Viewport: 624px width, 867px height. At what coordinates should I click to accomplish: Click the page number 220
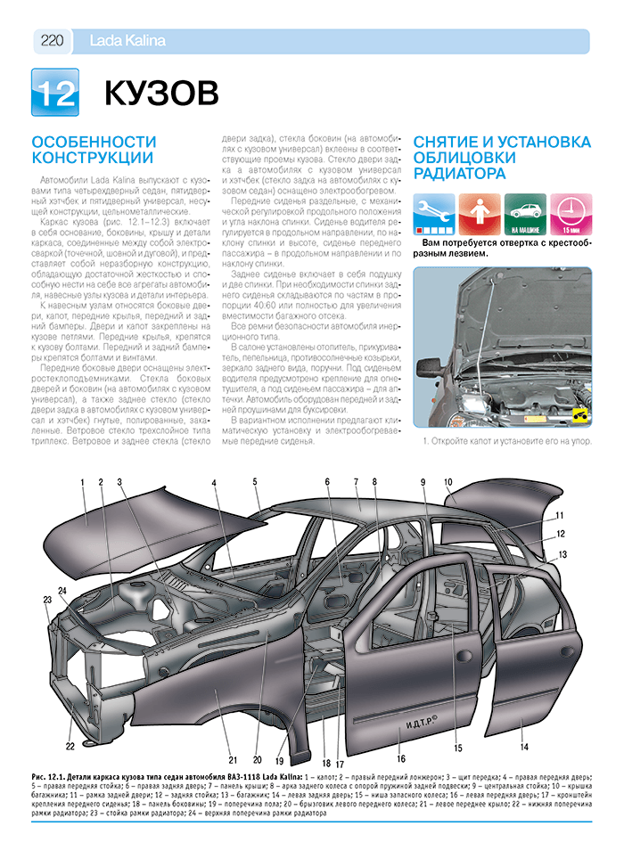click(52, 39)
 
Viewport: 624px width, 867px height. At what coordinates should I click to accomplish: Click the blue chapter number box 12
click(55, 92)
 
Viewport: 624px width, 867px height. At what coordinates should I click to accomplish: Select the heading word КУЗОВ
click(161, 92)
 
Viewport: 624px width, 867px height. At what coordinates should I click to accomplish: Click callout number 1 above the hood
click(82, 483)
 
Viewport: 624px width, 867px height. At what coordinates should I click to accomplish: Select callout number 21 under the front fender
click(232, 759)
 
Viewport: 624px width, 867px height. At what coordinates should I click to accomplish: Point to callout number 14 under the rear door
click(524, 746)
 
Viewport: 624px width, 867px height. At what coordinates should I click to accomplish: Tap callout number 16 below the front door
click(401, 758)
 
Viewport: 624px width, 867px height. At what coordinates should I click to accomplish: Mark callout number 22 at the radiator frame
click(70, 746)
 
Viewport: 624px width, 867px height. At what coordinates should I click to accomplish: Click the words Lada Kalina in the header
click(128, 40)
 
